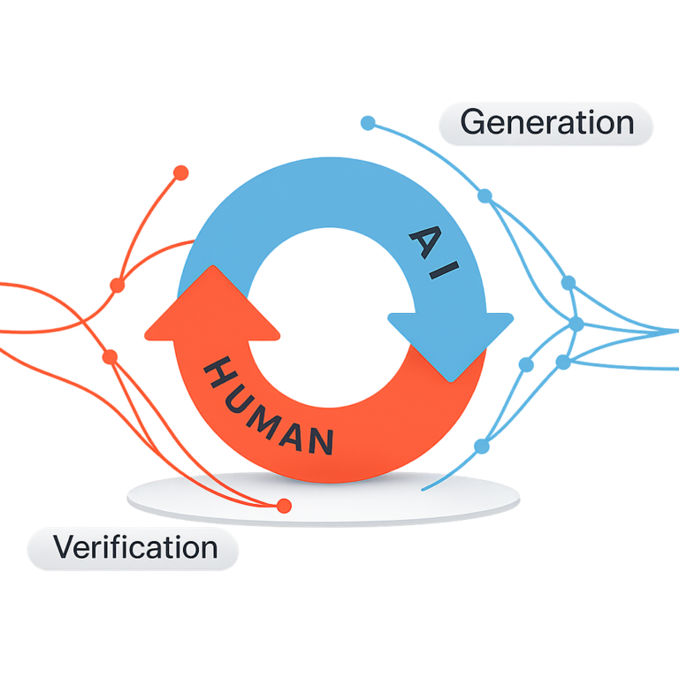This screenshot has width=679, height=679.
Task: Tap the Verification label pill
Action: pos(134,548)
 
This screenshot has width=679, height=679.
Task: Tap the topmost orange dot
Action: pos(181,172)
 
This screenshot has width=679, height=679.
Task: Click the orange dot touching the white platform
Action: pos(284,506)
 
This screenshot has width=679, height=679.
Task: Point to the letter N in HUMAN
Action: pos(322,439)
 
